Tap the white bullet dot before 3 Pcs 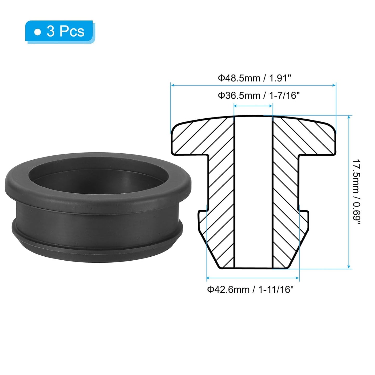click(x=38, y=32)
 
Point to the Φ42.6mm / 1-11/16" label click(x=250, y=289)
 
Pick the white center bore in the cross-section click(x=253, y=192)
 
